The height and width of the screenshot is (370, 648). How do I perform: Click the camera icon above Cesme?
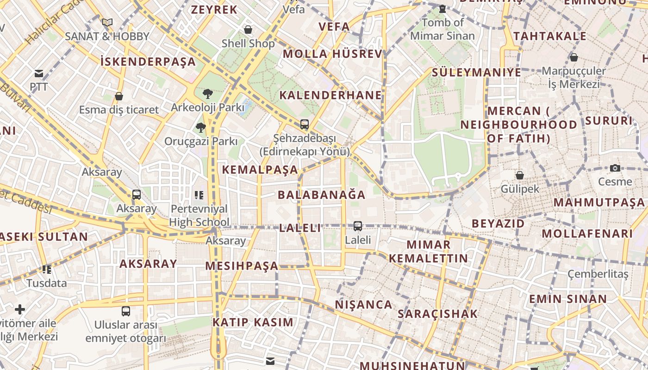(615, 168)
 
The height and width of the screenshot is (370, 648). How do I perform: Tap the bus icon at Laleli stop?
(358, 226)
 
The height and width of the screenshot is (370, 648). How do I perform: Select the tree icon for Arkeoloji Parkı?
(208, 94)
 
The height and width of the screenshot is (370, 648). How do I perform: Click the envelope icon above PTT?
(39, 74)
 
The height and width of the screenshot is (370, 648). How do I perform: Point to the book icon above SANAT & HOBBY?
(107, 22)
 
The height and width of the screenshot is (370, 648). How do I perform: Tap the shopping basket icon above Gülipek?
(520, 175)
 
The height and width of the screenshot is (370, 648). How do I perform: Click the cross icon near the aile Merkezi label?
(20, 309)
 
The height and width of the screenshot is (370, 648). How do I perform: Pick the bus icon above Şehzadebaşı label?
(304, 124)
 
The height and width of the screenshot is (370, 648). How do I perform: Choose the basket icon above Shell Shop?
(248, 30)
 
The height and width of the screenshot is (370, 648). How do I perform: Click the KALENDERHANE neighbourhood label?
(330, 95)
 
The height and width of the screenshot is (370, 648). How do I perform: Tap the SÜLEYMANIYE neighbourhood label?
(476, 73)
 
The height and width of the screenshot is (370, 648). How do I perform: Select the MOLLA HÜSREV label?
(332, 54)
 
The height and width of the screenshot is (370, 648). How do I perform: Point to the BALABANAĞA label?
(321, 195)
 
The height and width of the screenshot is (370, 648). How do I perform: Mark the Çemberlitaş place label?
(598, 274)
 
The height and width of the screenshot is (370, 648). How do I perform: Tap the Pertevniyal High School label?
(199, 216)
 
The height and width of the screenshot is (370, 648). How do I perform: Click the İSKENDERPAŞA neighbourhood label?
(148, 62)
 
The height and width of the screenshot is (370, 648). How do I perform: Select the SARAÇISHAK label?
(437, 314)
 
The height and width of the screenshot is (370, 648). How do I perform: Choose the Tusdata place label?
(46, 283)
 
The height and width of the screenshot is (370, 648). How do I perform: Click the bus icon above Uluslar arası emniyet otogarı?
(125, 311)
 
